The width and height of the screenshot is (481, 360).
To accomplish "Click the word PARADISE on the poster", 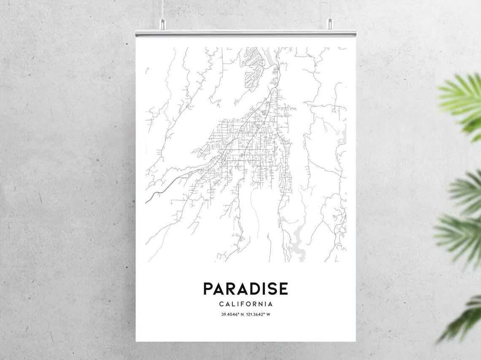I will pyautogui.click(x=246, y=289).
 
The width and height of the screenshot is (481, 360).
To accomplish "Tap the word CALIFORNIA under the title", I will pyautogui.click(x=246, y=304).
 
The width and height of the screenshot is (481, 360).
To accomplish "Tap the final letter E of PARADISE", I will pyautogui.click(x=283, y=289).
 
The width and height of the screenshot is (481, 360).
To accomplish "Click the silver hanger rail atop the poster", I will pyautogui.click(x=246, y=32).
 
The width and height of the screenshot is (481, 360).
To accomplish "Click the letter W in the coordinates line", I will pyautogui.click(x=268, y=314).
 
